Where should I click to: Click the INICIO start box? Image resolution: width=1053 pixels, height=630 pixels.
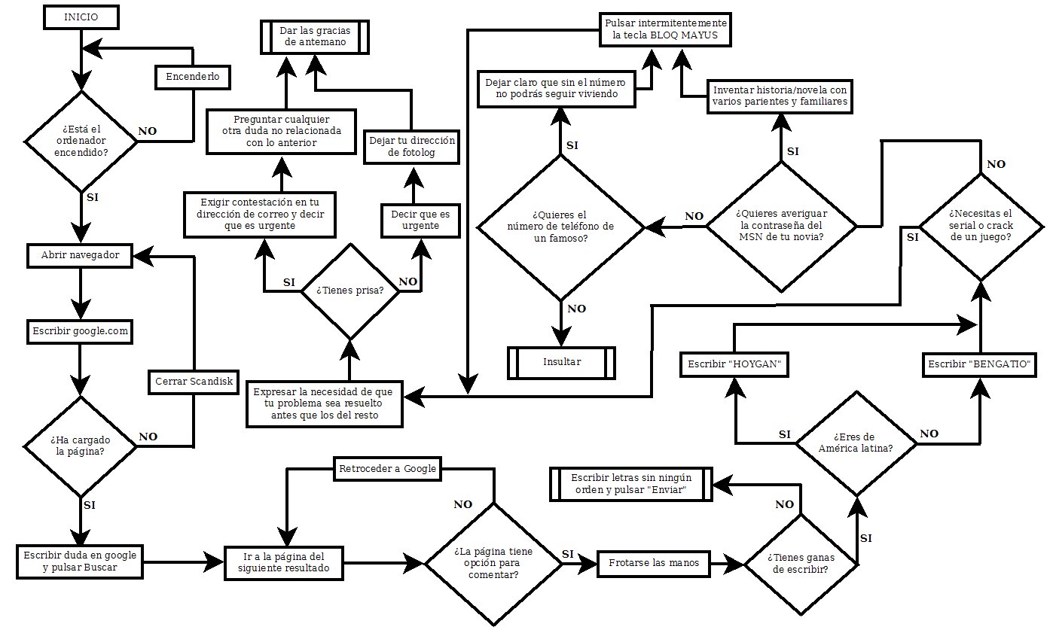[x=81, y=17]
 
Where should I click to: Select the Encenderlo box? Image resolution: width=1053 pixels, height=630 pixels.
[x=193, y=77]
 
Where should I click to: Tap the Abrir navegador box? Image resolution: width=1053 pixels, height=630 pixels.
[x=80, y=256]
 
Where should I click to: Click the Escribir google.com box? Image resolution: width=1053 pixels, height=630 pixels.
[x=80, y=332]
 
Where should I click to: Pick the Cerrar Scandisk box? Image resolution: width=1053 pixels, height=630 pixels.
[x=194, y=382]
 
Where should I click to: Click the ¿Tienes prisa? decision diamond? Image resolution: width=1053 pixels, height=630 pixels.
[x=350, y=291]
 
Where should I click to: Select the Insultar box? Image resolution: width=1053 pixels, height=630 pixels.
[x=561, y=363]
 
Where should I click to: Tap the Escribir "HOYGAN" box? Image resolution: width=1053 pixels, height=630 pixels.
[x=734, y=364]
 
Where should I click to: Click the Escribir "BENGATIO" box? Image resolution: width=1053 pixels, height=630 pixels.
[x=979, y=364]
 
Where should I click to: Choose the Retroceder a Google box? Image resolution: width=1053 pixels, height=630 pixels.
[x=387, y=469]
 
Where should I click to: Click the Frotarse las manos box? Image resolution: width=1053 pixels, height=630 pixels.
[x=654, y=563]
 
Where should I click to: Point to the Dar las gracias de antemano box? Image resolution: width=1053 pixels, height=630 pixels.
[x=315, y=37]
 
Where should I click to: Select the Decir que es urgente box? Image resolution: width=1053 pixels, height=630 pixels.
[x=420, y=221]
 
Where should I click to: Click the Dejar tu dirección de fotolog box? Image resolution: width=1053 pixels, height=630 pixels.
[x=412, y=147]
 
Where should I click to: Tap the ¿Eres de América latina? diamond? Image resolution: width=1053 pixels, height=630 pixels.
[x=856, y=443]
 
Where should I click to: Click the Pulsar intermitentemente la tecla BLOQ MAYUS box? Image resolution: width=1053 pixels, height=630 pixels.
[x=665, y=29]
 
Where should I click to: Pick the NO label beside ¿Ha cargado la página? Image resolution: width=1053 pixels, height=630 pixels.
[x=148, y=437]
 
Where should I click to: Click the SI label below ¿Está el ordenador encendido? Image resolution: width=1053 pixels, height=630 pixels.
[x=93, y=198]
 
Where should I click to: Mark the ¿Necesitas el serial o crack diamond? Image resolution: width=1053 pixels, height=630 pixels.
[x=981, y=227]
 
